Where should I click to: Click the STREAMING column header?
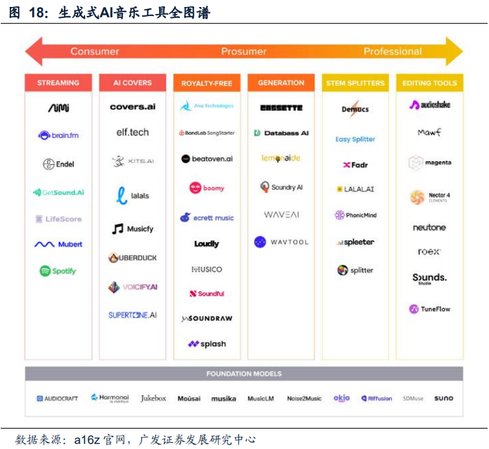pyautogui.click(x=58, y=83)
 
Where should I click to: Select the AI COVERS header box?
pyautogui.click(x=133, y=83)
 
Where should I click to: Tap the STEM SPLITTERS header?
pyautogui.click(x=355, y=83)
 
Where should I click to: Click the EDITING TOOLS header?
pyautogui.click(x=429, y=83)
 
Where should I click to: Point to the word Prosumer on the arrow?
pyautogui.click(x=244, y=51)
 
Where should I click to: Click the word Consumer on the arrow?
pyautogui.click(x=95, y=51)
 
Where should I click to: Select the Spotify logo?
pyautogui.click(x=58, y=271)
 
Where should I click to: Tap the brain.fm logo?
pyautogui.click(x=58, y=135)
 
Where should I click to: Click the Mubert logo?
pyautogui.click(x=59, y=244)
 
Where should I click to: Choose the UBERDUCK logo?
pyautogui.click(x=133, y=258)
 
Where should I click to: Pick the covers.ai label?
pyautogui.click(x=133, y=107)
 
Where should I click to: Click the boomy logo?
pyautogui.click(x=207, y=188)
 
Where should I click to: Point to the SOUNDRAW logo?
pyautogui.click(x=207, y=318)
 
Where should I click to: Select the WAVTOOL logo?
pyautogui.click(x=280, y=242)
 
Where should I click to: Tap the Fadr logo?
pyautogui.click(x=356, y=165)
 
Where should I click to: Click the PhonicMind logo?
pyautogui.click(x=356, y=215)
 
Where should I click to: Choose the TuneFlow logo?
pyautogui.click(x=430, y=309)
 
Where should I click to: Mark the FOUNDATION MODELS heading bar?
pyautogui.click(x=244, y=374)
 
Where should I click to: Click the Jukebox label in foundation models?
pyautogui.click(x=153, y=398)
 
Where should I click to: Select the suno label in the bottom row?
pyautogui.click(x=443, y=398)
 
